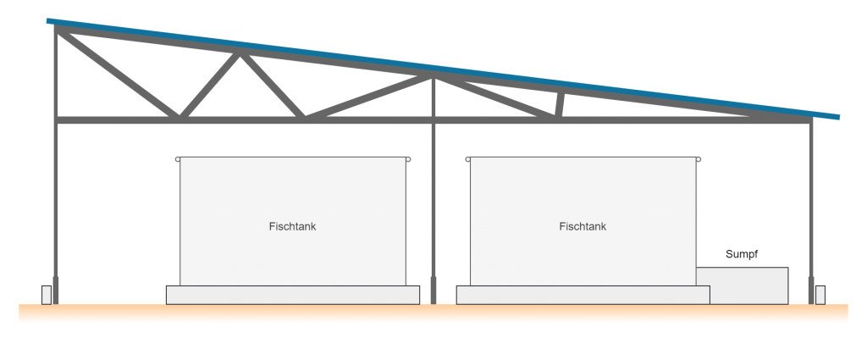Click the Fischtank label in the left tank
pyautogui.click(x=292, y=226)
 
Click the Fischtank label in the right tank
pyautogui.click(x=583, y=226)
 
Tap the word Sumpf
pyautogui.click(x=742, y=254)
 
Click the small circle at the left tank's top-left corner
pyautogui.click(x=178, y=159)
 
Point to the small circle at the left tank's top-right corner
pyautogui.click(x=408, y=159)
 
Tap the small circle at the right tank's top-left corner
pyautogui.click(x=467, y=159)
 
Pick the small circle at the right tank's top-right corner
pyautogui.click(x=699, y=159)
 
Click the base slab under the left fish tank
pyautogui.click(x=292, y=295)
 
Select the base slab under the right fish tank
pyautogui.click(x=583, y=295)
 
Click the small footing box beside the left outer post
pyautogui.click(x=47, y=295)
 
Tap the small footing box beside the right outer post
pyautogui.click(x=820, y=295)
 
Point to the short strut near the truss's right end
pyautogui.click(x=560, y=104)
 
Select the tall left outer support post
pyautogui.click(x=55, y=166)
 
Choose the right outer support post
pyautogui.click(x=811, y=210)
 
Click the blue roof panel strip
pyautogui.click(x=443, y=69)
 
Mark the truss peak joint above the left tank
pyautogui.click(x=240, y=53)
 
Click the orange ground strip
pyautogui.click(x=433, y=312)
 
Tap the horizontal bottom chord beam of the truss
pyautogui.click(x=433, y=120)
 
